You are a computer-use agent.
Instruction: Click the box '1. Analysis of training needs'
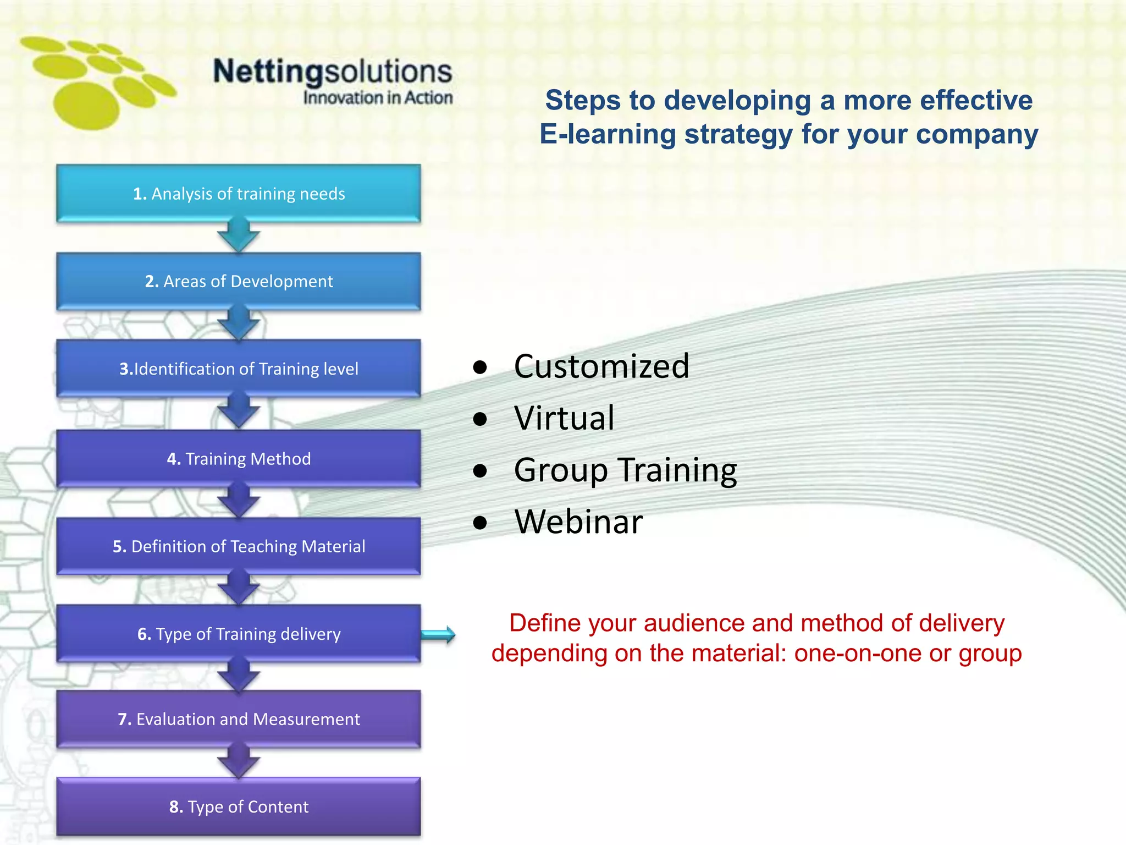pyautogui.click(x=239, y=194)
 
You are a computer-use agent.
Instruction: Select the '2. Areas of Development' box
pyautogui.click(x=239, y=281)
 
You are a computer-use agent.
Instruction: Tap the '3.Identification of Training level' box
pyautogui.click(x=239, y=368)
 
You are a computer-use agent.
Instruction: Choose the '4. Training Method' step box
pyautogui.click(x=239, y=458)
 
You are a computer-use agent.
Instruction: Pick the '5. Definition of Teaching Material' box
pyautogui.click(x=239, y=546)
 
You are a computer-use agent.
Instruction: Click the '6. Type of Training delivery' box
pyautogui.click(x=239, y=633)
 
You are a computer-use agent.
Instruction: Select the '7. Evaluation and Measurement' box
pyautogui.click(x=239, y=718)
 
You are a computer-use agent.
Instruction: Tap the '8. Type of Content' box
pyautogui.click(x=239, y=806)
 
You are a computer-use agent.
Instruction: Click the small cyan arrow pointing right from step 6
pyautogui.click(x=438, y=635)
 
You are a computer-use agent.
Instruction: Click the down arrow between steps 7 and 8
pyautogui.click(x=239, y=762)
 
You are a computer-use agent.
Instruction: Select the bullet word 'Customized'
pyautogui.click(x=601, y=366)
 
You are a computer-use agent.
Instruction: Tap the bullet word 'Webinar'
pyautogui.click(x=578, y=522)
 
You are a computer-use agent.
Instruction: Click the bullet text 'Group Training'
pyautogui.click(x=625, y=470)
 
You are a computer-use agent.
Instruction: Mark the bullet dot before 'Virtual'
pyautogui.click(x=480, y=419)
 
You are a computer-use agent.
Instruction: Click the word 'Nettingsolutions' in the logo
pyautogui.click(x=333, y=72)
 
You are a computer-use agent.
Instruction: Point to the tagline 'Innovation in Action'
pyautogui.click(x=378, y=98)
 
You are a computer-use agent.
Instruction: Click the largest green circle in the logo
pyautogui.click(x=87, y=106)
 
